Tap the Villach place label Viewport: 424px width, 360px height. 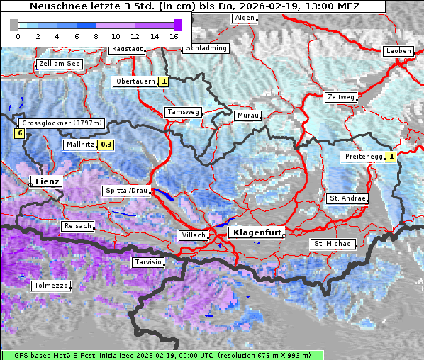point(193,235)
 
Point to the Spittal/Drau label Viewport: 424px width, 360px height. point(126,191)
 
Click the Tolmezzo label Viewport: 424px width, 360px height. point(50,286)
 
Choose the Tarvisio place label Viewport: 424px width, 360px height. point(147,262)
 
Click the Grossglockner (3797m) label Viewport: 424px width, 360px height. point(63,123)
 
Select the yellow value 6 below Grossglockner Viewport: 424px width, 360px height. point(20,133)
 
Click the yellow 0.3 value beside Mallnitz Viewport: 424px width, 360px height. point(106,145)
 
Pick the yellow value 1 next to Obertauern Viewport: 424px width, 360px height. point(164,81)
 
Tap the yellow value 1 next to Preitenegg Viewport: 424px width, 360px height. point(390,156)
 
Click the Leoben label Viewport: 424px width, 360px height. point(398,51)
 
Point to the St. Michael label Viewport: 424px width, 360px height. point(333,244)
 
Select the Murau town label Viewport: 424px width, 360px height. point(248,115)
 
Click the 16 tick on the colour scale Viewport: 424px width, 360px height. point(174,36)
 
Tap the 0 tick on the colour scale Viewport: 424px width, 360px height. point(18,36)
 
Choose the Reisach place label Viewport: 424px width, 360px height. point(78,226)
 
